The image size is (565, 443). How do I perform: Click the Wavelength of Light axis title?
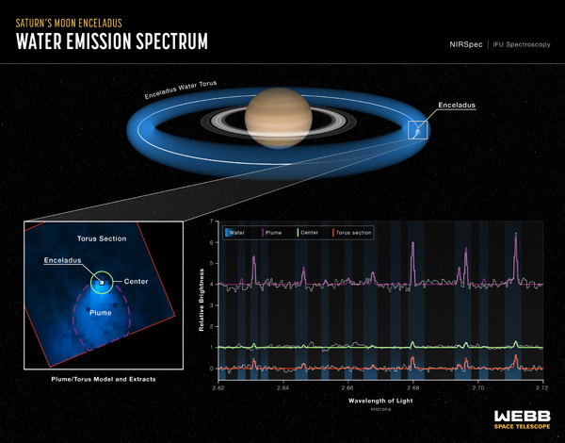pyautogui.click(x=380, y=400)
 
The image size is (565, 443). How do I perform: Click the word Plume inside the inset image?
pyautogui.click(x=100, y=310)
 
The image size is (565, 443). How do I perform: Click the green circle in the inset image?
pyautogui.click(x=101, y=281)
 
